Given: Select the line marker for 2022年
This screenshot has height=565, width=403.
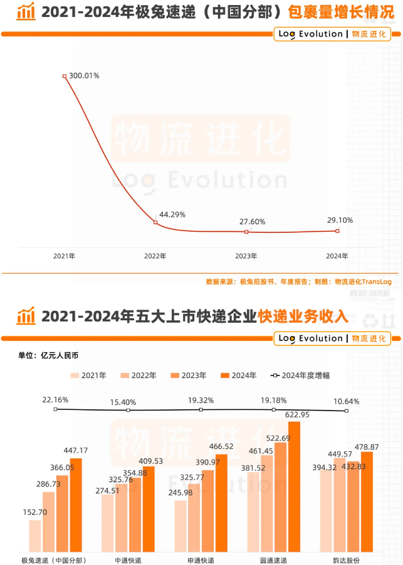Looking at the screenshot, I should coord(155,222).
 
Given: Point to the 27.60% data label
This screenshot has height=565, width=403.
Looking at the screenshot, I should coord(253,222).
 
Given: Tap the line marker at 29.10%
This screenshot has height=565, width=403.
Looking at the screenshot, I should coord(337,230).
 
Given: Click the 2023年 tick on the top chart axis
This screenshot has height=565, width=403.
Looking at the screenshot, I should coord(246,256).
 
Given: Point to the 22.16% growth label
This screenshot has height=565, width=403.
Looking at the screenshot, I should coord(55,399).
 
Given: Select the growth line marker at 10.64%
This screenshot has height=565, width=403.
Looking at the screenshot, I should coord(346,411).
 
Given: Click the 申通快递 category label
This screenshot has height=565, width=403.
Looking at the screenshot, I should coord(201,559).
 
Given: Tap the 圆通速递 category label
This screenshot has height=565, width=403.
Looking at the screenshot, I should coord(273,559).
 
